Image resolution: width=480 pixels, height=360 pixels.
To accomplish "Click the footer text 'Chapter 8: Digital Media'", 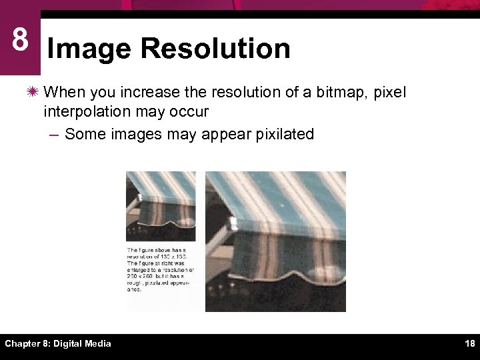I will click(x=58, y=344).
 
